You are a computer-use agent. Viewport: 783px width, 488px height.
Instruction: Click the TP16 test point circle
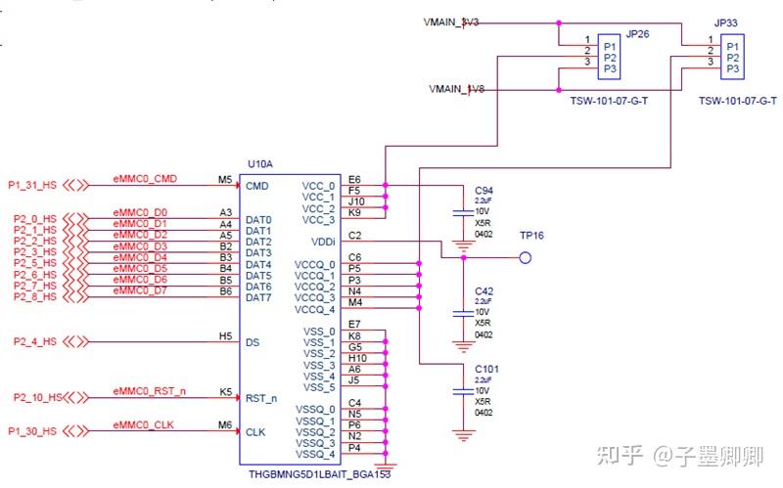point(525,258)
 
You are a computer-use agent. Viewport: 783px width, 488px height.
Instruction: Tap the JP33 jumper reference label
point(725,22)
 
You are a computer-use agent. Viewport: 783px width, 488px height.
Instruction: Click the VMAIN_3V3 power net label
point(451,22)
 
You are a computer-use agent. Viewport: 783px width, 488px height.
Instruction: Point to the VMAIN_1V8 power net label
point(456,89)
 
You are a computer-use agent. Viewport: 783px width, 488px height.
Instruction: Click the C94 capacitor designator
point(484,190)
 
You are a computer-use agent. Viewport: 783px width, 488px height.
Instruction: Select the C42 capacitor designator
point(484,290)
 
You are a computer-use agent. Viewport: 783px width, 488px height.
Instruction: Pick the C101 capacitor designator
point(486,370)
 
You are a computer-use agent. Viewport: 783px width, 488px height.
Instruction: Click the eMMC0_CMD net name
point(145,178)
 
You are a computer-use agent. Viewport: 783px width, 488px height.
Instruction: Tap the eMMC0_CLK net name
point(144,424)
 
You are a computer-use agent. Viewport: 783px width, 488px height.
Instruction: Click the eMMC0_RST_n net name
point(149,391)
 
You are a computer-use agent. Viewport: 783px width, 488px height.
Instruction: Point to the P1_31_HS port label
point(33,184)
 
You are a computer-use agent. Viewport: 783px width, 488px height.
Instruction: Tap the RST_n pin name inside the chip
point(260,398)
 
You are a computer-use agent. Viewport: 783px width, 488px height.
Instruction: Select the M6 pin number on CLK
point(225,424)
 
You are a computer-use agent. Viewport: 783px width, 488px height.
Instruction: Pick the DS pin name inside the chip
point(253,342)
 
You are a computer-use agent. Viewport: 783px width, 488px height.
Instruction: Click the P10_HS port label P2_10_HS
point(36,398)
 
